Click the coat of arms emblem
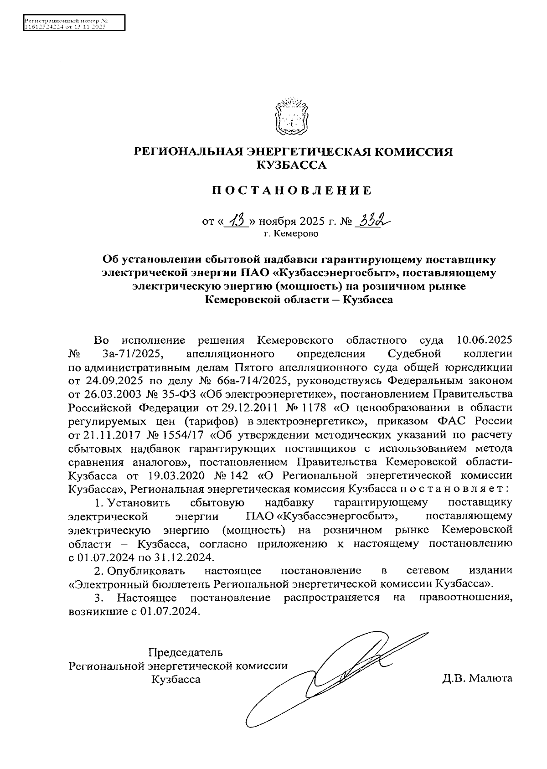[x=292, y=115]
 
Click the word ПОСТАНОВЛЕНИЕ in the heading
[x=292, y=191]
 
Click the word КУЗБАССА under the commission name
[x=292, y=165]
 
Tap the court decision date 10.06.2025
[x=484, y=340]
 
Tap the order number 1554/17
[x=180, y=433]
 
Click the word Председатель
[x=186, y=652]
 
